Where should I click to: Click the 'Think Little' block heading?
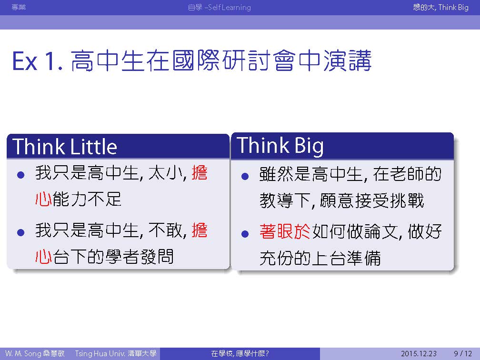pos(65,146)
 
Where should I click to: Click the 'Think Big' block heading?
pos(280,146)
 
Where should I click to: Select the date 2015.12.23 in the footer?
pos(419,353)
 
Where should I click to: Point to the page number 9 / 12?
pos(463,353)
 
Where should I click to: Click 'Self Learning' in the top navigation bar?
pos(230,7)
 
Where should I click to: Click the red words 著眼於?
pos(285,231)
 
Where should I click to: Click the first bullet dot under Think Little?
pos(21,175)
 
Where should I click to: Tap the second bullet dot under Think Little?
pos(21,233)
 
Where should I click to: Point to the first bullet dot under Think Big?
pos(245,176)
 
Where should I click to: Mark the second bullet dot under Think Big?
pos(245,234)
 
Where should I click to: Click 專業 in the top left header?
pos(19,7)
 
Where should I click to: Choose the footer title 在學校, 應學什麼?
pos(240,353)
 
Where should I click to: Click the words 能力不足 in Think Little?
pos(87,199)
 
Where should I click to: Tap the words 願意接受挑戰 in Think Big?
pos(371,200)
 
